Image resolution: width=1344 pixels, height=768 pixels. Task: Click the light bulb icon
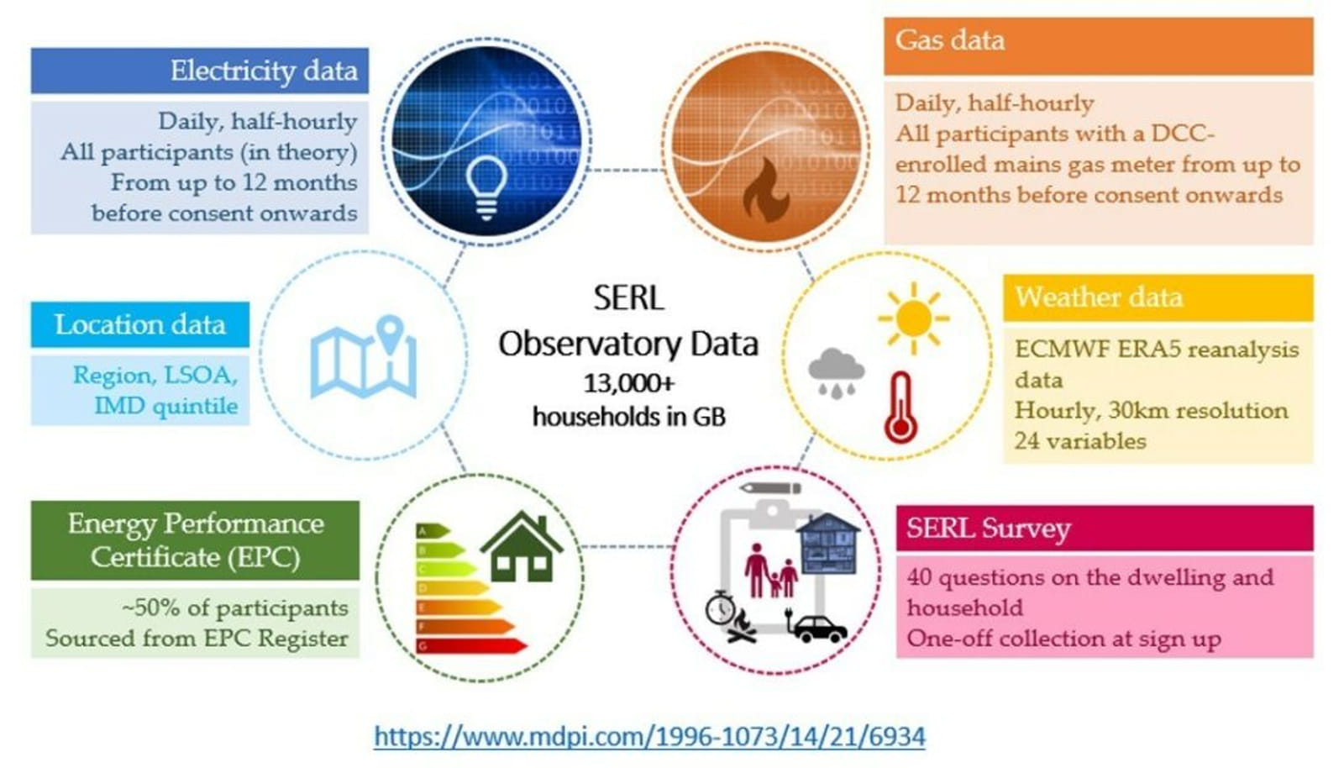pos(486,187)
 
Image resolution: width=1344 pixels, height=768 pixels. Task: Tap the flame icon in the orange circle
pos(766,190)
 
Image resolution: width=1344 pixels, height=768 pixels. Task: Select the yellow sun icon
pos(913,318)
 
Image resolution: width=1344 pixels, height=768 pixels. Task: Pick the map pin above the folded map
pos(391,334)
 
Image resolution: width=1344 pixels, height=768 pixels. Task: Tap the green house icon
pos(522,546)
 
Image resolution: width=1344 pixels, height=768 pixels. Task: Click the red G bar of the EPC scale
pos(471,646)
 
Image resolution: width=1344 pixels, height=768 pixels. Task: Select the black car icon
pos(820,629)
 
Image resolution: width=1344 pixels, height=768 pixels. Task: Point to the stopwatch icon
pos(720,608)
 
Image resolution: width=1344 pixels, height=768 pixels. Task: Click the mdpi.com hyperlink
pos(649,736)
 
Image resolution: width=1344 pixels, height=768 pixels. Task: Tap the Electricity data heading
pos(264,71)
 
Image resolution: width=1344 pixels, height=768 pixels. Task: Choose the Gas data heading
pos(950,40)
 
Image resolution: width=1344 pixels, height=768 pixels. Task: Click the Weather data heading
pos(1099,297)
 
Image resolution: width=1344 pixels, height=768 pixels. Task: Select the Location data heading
pos(140,324)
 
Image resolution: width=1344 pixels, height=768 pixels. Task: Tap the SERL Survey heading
pos(988,528)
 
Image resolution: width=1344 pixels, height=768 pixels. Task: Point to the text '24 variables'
pos(1080,442)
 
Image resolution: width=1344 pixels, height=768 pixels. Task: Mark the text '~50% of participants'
pos(234,608)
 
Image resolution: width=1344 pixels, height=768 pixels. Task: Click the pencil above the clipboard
pos(770,488)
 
